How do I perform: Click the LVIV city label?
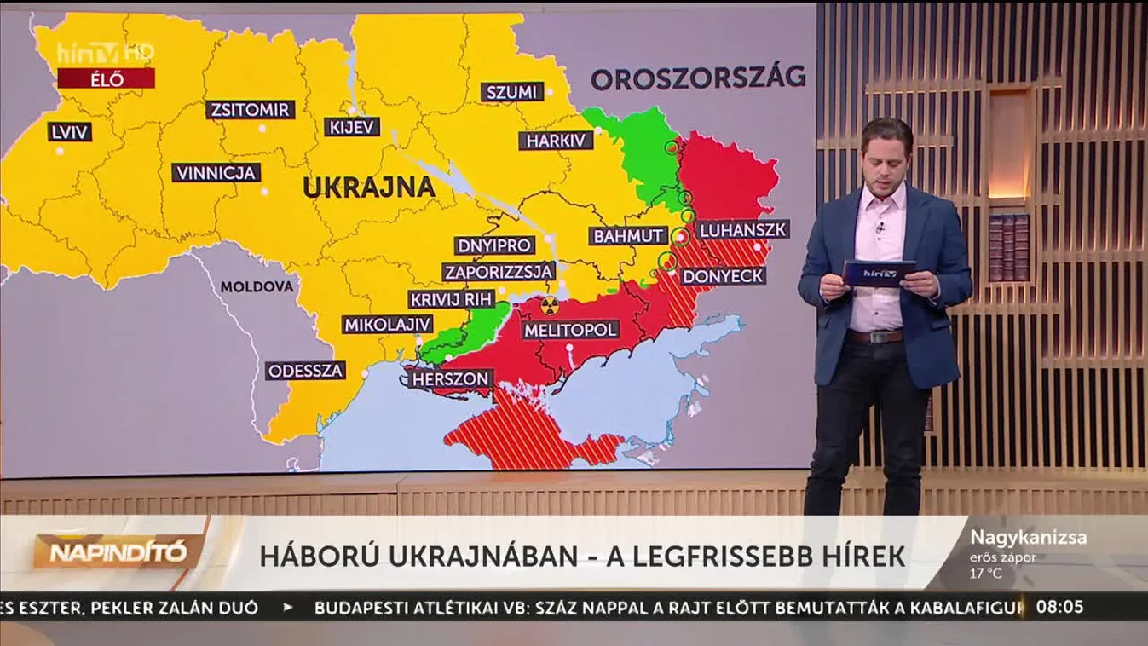pyautogui.click(x=70, y=132)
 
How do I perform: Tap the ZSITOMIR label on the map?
pyautogui.click(x=251, y=110)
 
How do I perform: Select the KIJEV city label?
pyautogui.click(x=352, y=127)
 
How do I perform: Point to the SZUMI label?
pyautogui.click(x=511, y=92)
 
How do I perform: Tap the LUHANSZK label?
pyautogui.click(x=742, y=229)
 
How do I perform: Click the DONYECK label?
pyautogui.click(x=723, y=276)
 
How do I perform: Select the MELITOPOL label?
pyautogui.click(x=570, y=329)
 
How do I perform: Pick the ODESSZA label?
pyautogui.click(x=305, y=371)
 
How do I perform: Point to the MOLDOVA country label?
pyautogui.click(x=257, y=287)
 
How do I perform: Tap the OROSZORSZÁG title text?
pyautogui.click(x=698, y=78)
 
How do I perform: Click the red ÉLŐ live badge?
pyautogui.click(x=106, y=79)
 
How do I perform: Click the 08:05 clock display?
pyautogui.click(x=1059, y=607)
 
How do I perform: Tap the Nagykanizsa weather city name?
pyautogui.click(x=1028, y=538)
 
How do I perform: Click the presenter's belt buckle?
pyautogui.click(x=876, y=336)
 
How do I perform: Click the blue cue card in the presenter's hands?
pyautogui.click(x=878, y=274)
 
